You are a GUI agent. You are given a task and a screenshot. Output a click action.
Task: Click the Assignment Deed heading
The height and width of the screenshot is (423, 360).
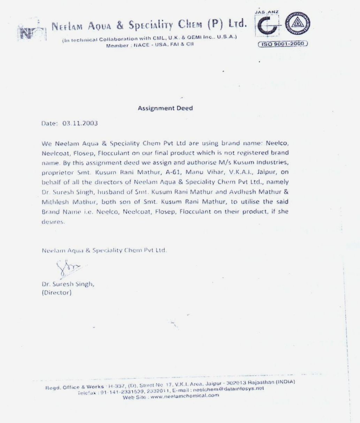(x=165, y=108)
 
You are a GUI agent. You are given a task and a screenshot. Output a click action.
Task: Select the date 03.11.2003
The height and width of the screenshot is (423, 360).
(x=81, y=123)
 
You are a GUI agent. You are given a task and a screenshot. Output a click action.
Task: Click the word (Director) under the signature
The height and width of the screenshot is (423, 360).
(x=56, y=293)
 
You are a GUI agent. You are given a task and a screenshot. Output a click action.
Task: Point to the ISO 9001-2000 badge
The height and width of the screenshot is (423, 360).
(x=283, y=44)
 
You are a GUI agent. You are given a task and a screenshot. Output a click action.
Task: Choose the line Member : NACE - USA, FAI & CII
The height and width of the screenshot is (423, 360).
(x=150, y=45)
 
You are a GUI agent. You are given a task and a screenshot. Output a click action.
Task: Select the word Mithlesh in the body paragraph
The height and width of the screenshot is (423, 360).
(x=55, y=202)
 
